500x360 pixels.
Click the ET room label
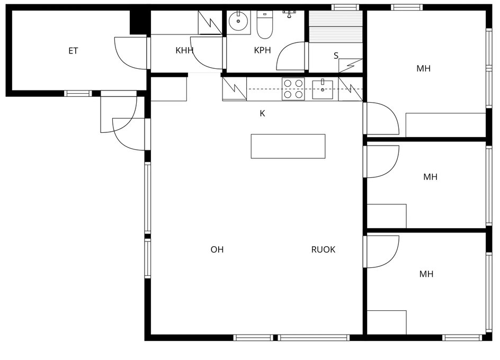tap(73, 51)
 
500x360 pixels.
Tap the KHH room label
tap(185, 50)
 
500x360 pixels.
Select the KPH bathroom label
tap(262, 50)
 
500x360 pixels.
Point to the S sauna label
tap(336, 56)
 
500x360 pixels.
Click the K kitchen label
tap(262, 113)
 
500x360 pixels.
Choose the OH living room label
tap(217, 249)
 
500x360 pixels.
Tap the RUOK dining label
tap(323, 249)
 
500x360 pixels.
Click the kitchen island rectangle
tap(288, 146)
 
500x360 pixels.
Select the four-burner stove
tap(293, 89)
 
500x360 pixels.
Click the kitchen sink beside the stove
tap(323, 89)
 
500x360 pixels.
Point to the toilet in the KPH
tap(265, 24)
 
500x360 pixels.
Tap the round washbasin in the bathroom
tap(238, 21)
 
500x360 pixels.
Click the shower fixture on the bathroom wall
tap(289, 13)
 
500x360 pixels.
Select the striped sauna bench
tap(336, 26)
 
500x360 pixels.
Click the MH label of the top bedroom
tap(424, 68)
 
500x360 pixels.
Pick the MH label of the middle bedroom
tap(430, 177)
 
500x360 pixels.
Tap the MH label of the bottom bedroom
tap(426, 274)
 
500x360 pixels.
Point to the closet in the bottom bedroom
tap(387, 322)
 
